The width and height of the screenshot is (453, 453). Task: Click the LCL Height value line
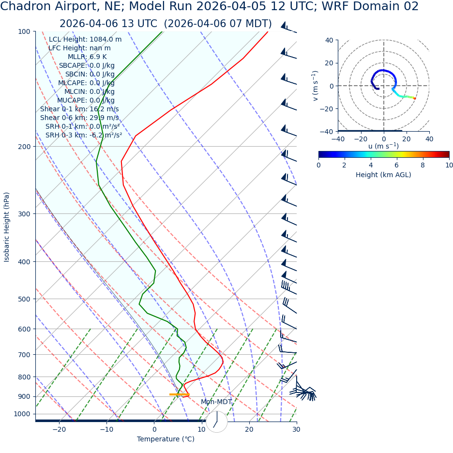pyautogui.click(x=85, y=39)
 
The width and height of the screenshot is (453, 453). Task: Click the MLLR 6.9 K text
pyautogui.click(x=87, y=57)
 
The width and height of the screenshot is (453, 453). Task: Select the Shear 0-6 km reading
pyautogui.click(x=79, y=118)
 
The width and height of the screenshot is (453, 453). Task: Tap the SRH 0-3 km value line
pyautogui.click(x=84, y=135)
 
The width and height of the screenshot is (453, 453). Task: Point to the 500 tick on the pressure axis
pyautogui.click(x=24, y=299)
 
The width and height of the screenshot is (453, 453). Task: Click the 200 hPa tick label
pyautogui.click(x=24, y=147)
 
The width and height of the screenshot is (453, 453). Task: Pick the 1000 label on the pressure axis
pyautogui.click(x=22, y=414)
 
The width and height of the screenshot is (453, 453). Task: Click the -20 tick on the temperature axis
pyautogui.click(x=59, y=429)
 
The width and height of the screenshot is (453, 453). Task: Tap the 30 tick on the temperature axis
pyautogui.click(x=296, y=429)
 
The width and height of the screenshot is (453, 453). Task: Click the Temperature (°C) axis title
pyautogui.click(x=166, y=439)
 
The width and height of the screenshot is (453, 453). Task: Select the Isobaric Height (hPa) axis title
pyautogui.click(x=7, y=227)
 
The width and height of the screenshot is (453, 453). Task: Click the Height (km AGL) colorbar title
pyautogui.click(x=383, y=175)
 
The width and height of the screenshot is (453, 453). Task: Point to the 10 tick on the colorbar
pyautogui.click(x=449, y=165)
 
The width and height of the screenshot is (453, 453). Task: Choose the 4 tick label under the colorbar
pyautogui.click(x=371, y=165)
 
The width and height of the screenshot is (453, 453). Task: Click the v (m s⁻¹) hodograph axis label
pyautogui.click(x=316, y=86)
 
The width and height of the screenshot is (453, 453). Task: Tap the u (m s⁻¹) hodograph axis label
pyautogui.click(x=383, y=146)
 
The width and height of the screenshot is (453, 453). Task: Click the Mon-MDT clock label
pyautogui.click(x=216, y=402)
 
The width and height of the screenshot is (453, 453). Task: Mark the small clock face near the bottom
pyautogui.click(x=216, y=422)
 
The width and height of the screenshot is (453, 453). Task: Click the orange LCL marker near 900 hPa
pyautogui.click(x=179, y=394)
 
